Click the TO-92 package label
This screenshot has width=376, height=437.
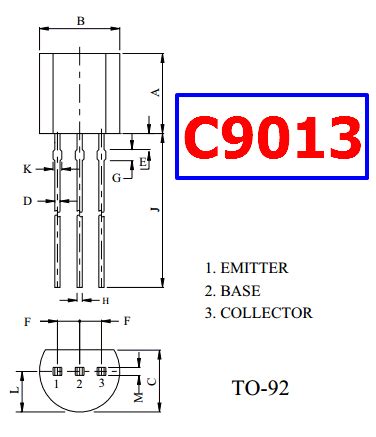click(261, 388)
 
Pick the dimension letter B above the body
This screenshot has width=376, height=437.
click(80, 20)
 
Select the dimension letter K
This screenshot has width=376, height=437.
click(27, 169)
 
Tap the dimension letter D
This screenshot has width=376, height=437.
click(27, 201)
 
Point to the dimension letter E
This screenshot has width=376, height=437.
click(145, 161)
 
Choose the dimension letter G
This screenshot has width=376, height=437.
click(116, 177)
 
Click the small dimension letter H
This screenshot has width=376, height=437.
click(105, 299)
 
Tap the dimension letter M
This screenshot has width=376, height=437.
click(138, 396)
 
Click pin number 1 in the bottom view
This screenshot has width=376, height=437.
click(57, 384)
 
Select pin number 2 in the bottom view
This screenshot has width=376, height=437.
click(79, 384)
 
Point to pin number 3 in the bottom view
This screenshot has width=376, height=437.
click(101, 384)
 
